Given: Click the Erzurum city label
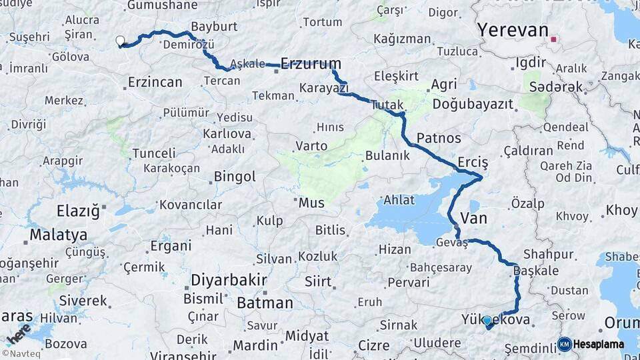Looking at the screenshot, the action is click(311, 64).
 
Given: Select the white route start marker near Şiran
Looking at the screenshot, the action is click(121, 41).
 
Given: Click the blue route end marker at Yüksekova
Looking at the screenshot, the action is click(487, 321).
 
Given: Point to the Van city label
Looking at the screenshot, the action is click(473, 219).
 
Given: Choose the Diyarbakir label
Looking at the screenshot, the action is click(229, 279).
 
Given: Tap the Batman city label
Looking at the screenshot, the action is click(265, 303).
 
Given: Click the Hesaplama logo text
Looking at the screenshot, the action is click(598, 345).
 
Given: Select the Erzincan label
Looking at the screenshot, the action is click(154, 83).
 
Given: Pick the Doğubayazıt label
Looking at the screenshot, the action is click(473, 104).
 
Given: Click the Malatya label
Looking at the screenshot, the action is click(58, 235).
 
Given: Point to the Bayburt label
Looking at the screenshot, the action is click(214, 27).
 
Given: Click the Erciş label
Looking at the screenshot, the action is click(473, 163).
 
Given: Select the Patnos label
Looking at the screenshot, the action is click(439, 138).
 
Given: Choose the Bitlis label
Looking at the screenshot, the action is click(331, 230).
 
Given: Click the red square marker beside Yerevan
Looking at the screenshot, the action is click(553, 39).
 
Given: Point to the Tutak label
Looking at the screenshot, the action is click(387, 105).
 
